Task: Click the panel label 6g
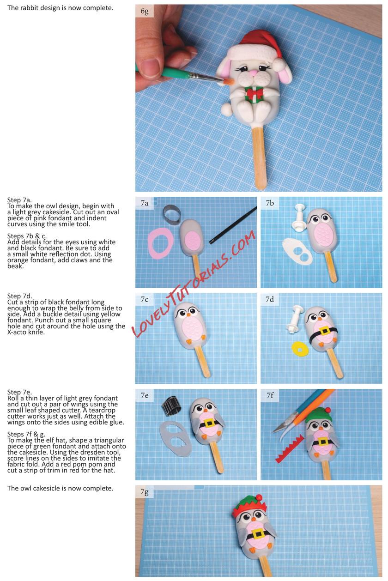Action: pos(145,11)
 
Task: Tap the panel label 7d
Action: pos(270,299)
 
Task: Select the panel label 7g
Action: pos(145,491)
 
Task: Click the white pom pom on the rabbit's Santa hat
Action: pos(278,64)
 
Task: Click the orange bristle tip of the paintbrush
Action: pos(229,82)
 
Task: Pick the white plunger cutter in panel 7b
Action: pos(299,217)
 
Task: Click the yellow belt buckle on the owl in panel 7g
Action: pos(258,534)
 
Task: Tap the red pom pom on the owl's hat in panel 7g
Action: pos(259,497)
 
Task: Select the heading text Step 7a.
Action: pos(19,200)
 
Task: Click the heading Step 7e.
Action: pos(19,392)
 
